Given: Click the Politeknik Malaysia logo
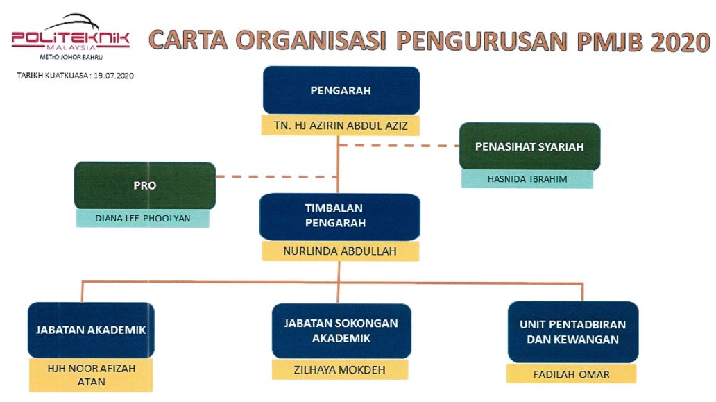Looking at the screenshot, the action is click(71, 37).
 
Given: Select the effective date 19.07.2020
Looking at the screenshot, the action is click(114, 76).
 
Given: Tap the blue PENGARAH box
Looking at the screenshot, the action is click(341, 90).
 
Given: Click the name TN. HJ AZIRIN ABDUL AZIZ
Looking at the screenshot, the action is click(341, 126).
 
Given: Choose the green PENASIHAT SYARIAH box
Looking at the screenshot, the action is click(529, 146).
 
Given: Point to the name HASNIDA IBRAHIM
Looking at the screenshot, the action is click(527, 179).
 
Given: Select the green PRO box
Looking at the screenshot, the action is click(145, 185).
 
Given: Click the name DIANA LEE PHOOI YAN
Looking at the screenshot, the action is click(142, 219).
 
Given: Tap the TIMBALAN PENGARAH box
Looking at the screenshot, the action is click(340, 217).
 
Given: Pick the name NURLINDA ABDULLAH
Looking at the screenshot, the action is click(340, 251).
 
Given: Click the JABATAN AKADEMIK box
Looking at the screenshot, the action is click(91, 330).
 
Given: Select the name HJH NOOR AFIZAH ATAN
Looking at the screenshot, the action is click(92, 375).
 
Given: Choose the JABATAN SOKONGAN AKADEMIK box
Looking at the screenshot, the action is click(341, 330).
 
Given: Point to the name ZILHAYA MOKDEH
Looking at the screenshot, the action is click(340, 369).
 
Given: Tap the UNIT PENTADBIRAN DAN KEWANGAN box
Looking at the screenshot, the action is click(573, 332).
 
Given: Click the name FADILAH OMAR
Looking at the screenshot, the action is click(571, 375).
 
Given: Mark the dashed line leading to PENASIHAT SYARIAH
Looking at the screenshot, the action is click(399, 146).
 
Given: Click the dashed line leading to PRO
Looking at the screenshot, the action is click(277, 176).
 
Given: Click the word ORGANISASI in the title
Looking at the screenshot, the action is click(312, 41).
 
